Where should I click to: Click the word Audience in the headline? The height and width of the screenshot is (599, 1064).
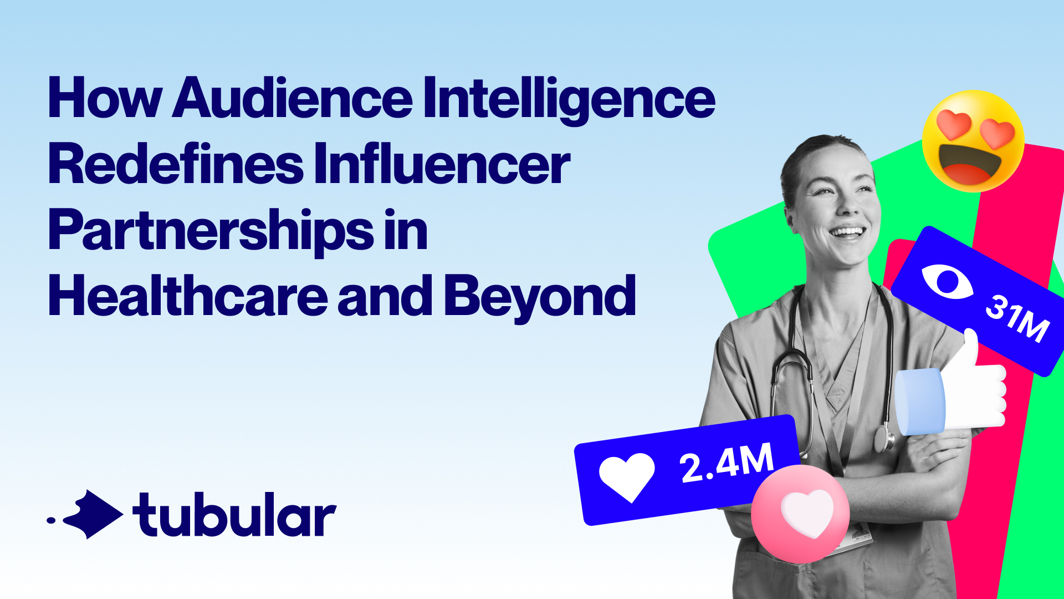(x=293, y=98)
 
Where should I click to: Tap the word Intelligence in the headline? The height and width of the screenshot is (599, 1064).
(x=570, y=100)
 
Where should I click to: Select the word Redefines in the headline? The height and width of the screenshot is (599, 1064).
(x=176, y=164)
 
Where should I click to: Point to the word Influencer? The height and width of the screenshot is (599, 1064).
(x=442, y=164)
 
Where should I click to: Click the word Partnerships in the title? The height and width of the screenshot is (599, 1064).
(x=211, y=231)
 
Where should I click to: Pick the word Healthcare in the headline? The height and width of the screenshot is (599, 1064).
(x=188, y=295)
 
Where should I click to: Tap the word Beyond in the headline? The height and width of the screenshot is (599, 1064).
(x=540, y=298)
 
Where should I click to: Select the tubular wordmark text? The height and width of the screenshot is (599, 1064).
(x=234, y=514)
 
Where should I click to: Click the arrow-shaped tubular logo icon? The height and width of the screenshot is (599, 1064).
(x=92, y=514)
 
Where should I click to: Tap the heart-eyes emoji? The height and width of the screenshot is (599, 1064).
(x=973, y=141)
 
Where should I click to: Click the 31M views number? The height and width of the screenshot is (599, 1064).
(x=1017, y=318)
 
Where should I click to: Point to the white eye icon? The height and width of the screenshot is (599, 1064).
(x=947, y=282)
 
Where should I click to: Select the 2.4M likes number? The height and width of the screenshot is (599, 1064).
(x=727, y=462)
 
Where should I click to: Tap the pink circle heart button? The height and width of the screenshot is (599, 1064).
(x=800, y=514)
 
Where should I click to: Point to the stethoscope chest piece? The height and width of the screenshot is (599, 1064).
(x=884, y=438)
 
